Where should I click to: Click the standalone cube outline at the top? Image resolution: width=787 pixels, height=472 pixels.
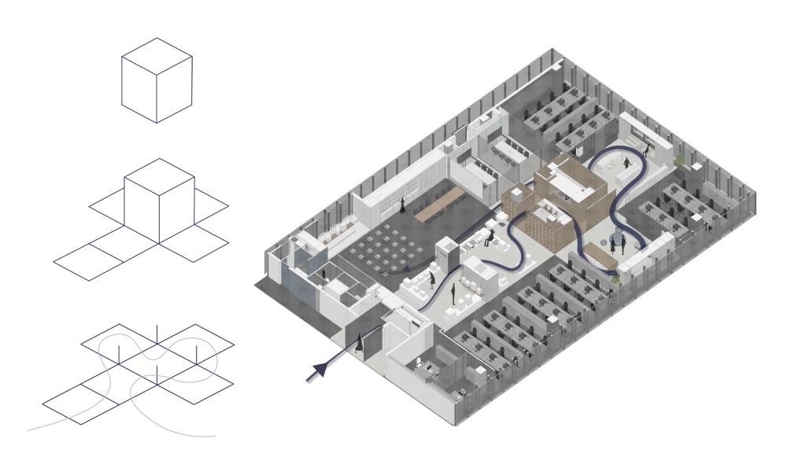[x=157, y=79]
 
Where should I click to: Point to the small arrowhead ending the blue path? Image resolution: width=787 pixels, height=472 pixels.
[x=402, y=271]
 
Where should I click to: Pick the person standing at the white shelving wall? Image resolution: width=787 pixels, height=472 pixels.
[x=402, y=206]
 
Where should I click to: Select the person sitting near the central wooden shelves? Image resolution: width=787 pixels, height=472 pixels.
[x=490, y=237]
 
